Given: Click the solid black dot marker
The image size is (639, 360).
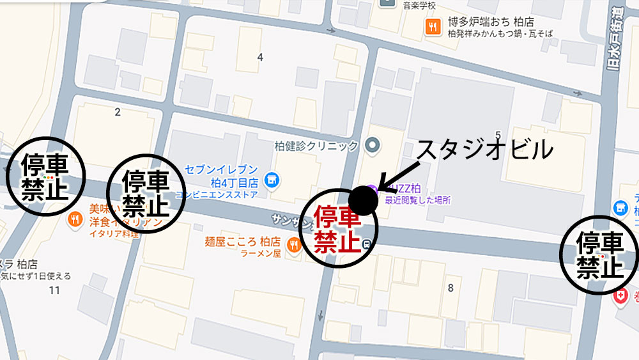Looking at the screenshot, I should [363, 200].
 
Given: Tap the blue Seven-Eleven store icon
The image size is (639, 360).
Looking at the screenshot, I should [272, 179].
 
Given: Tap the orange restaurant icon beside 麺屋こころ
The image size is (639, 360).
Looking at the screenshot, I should [294, 243].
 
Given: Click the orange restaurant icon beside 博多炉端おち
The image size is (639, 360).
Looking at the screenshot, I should [434, 26].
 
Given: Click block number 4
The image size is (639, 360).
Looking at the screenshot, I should [259, 58].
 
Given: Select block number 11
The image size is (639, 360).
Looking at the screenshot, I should [54, 290].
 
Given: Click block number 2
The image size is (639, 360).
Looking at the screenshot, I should [118, 113].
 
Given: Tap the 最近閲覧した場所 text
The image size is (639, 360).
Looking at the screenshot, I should [417, 200].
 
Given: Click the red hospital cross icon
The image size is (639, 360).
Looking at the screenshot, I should [619, 296].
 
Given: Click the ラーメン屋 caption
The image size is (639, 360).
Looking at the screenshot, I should [261, 254].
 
